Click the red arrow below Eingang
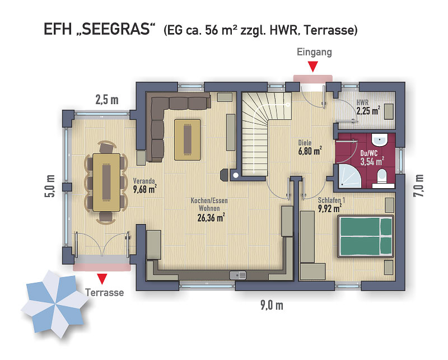pos(314,67)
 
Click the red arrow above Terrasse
pos(102,279)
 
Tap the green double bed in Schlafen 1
pos(366,236)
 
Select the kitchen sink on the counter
pos(237,275)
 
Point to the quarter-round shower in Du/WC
pos(348,176)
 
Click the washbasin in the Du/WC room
pos(380,140)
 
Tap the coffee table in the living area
pos(187,140)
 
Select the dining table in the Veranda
pos(106,183)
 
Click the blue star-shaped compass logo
pos(54,304)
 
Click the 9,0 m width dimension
pos(272,306)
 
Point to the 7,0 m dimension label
pos(418,185)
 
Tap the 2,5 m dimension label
pos(107,100)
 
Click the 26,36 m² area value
pos(211,218)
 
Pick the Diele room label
pos(305,142)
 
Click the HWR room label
pos(362,102)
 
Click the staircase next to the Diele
pos(262,133)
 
